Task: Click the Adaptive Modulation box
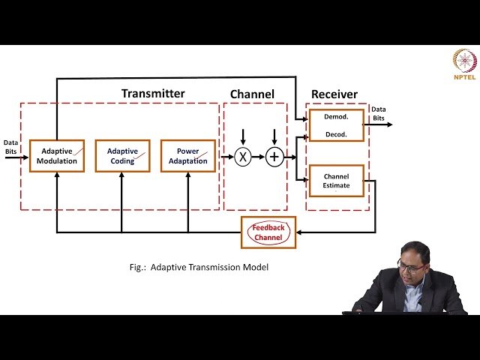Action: [x=57, y=156]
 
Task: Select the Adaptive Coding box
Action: [x=122, y=156]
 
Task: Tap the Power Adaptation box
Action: [x=187, y=156]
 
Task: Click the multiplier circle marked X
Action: [x=243, y=157]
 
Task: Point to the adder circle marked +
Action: [x=275, y=157]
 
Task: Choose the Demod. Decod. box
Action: [x=336, y=125]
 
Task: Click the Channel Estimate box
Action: [x=336, y=181]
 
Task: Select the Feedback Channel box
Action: [x=268, y=232]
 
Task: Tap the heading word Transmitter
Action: [x=153, y=94]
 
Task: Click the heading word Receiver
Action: [x=334, y=94]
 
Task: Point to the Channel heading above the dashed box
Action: [x=252, y=94]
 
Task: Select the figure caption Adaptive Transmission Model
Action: [x=199, y=267]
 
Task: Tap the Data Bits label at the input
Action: [x=11, y=146]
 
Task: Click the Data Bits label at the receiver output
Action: [x=379, y=113]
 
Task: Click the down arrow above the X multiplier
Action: [x=243, y=138]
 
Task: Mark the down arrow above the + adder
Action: [x=275, y=138]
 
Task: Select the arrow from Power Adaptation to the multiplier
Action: [x=224, y=157]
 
